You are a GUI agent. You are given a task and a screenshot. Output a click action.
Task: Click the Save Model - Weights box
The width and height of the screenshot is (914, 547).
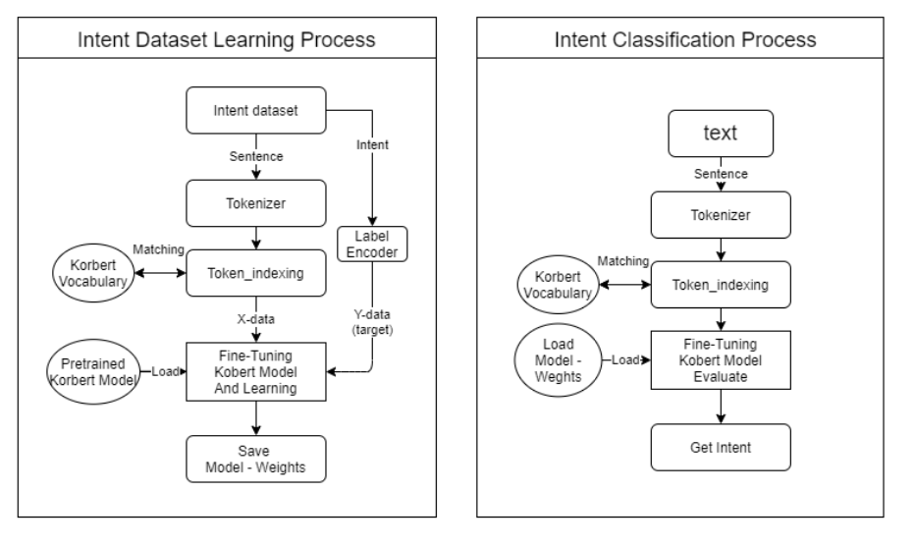[256, 458]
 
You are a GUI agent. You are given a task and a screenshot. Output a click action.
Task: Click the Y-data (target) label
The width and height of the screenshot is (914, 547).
[372, 322]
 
